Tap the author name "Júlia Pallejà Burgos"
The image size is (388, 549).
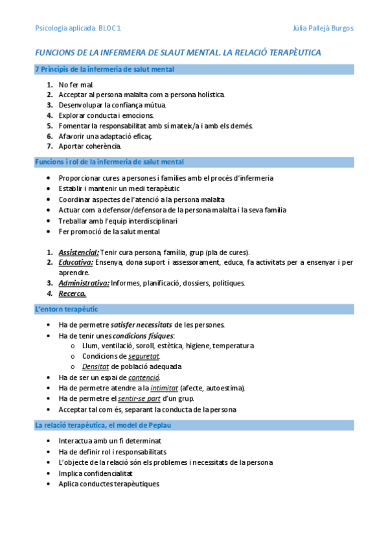coord(323,28)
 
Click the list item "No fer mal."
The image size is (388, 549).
coord(76,85)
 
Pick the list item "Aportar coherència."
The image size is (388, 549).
coord(89,146)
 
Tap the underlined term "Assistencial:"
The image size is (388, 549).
coord(78,252)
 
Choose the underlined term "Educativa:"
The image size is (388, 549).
coord(76,262)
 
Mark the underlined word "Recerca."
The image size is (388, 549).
coord(72,293)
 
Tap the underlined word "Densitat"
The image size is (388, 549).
coord(95,366)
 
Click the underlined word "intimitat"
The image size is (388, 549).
coord(164,388)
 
